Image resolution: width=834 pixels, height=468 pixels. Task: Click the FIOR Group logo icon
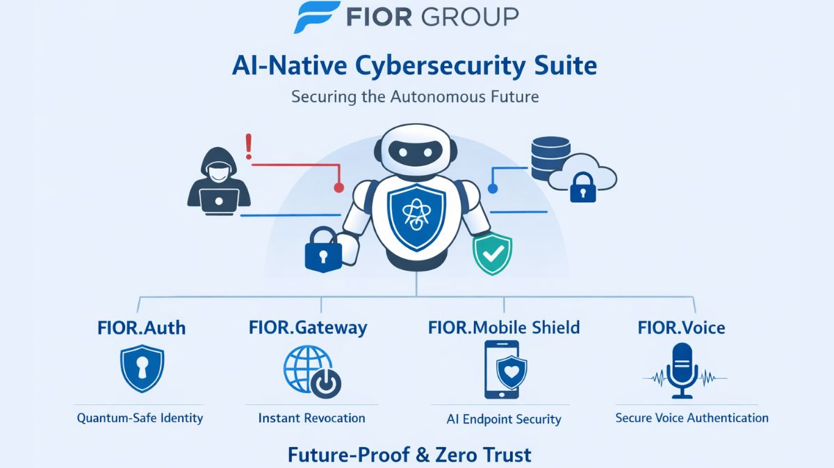(316, 17)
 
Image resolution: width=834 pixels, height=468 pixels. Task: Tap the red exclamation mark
(248, 147)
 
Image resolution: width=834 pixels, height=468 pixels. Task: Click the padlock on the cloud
(582, 188)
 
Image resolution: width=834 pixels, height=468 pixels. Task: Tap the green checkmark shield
(492, 254)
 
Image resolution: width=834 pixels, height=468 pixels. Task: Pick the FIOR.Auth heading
(141, 327)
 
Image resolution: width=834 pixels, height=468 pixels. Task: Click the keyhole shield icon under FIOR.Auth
(141, 370)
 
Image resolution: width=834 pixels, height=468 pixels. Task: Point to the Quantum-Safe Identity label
(140, 418)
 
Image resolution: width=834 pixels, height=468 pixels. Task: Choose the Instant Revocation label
(311, 418)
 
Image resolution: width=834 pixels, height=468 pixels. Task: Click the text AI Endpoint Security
(504, 419)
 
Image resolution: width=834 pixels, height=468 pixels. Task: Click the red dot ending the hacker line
(338, 187)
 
